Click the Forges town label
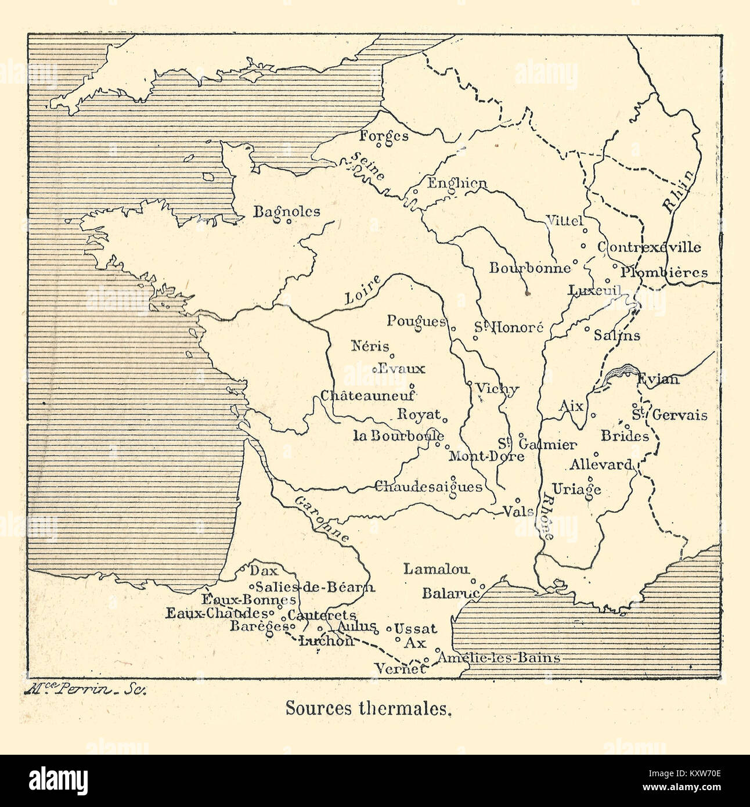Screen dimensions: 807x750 (384, 136)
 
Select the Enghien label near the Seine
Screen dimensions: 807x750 (457, 183)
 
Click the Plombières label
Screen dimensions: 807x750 (664, 272)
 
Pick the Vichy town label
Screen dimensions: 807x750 (496, 389)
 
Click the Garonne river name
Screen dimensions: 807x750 (321, 518)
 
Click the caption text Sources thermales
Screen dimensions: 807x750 (368, 708)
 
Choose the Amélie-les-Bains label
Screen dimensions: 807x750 (499, 658)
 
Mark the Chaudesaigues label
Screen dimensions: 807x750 (428, 487)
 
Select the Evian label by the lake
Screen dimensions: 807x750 (658, 379)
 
